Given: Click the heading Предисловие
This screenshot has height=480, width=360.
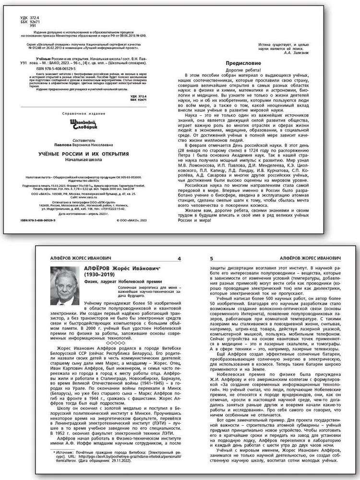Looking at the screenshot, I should (x=244, y=63).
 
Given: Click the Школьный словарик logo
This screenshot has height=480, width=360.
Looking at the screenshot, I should (x=70, y=123).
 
